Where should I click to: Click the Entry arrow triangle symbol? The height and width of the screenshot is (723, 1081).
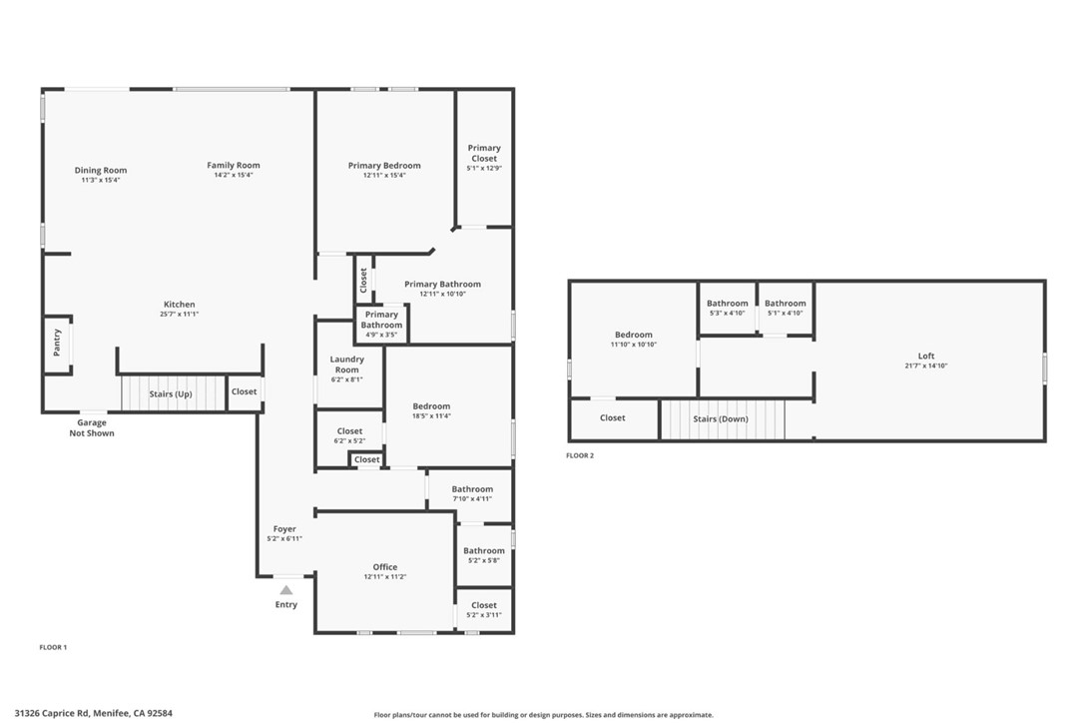[286, 590]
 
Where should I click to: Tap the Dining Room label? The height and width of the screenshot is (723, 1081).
[101, 171]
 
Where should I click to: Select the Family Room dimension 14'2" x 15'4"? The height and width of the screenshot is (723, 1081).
[234, 176]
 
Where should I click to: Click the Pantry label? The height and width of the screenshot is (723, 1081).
[57, 343]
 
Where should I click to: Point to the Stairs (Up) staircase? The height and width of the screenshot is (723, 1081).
[171, 393]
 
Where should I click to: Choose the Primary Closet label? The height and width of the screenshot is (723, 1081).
[484, 153]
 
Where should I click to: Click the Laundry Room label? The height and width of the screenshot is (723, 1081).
[346, 363]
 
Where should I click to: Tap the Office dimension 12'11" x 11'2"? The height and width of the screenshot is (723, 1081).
[385, 577]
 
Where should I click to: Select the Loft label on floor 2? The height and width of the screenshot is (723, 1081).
[926, 357]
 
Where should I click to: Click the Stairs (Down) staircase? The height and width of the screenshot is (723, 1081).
[721, 419]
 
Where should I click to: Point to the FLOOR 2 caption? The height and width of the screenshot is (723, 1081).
[580, 455]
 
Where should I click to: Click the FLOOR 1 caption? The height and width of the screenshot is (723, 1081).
[53, 647]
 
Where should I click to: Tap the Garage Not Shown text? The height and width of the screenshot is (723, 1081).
[92, 428]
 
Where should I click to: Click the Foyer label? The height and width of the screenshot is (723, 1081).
[284, 529]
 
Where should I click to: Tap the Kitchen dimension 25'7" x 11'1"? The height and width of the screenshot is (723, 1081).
[180, 315]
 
